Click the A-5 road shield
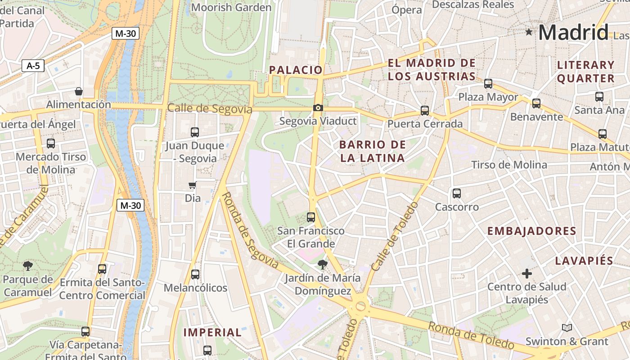(x=33, y=66)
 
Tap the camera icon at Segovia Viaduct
(x=318, y=108)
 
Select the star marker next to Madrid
(x=529, y=32)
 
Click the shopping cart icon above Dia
(x=193, y=185)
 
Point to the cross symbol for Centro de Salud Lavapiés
(x=526, y=273)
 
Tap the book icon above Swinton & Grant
(x=567, y=328)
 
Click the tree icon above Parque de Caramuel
(x=28, y=265)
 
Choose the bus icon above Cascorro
(x=457, y=193)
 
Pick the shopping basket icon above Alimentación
(x=79, y=91)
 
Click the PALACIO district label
(x=296, y=70)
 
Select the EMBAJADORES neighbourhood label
(x=531, y=231)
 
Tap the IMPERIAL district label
(x=212, y=333)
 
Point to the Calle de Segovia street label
(x=209, y=108)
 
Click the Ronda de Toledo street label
(x=471, y=336)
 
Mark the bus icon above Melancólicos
(x=195, y=274)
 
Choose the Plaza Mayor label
(x=488, y=97)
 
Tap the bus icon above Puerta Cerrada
(x=424, y=111)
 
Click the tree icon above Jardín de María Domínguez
(x=322, y=265)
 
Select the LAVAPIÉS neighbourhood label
(x=584, y=261)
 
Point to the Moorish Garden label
(x=231, y=8)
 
